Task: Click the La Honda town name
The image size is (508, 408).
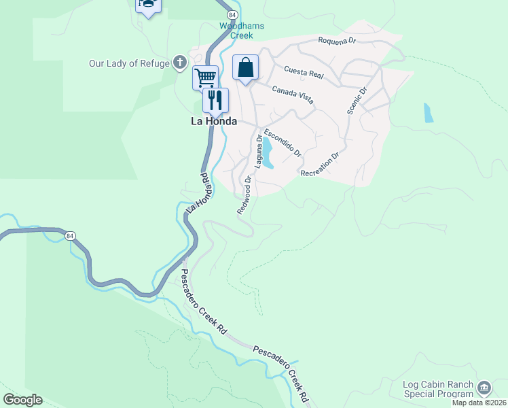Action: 213,121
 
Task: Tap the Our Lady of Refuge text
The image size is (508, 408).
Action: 129,63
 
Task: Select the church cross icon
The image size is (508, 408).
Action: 180,63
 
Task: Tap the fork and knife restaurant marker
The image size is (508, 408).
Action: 215,100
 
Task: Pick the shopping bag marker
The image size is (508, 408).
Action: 245,67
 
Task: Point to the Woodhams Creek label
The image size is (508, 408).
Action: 241,31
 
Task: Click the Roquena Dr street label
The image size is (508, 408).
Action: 338,41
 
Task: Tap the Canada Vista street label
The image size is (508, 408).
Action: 293,95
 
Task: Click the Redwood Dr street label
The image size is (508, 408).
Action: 244,195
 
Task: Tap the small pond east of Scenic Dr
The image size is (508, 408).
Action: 427,112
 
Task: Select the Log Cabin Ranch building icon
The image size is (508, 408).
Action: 484,388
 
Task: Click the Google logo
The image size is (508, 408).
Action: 22,400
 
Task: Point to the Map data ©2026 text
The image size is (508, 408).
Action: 479,403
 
